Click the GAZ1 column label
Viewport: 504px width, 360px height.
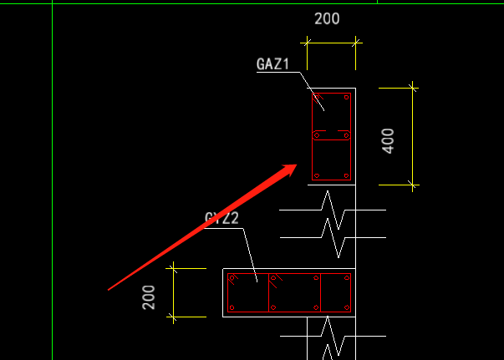tap(272, 64)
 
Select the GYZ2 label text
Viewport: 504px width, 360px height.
tap(221, 219)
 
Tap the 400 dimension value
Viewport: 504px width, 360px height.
tap(388, 139)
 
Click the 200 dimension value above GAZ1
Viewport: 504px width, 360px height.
tap(327, 19)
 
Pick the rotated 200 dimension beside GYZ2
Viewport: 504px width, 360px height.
tap(150, 297)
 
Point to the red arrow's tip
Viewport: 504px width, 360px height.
tap(297, 165)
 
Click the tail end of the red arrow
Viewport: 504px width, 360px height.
tap(109, 290)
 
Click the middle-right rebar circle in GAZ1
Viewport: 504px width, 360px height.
tap(346, 134)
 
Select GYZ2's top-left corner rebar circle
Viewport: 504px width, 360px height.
tap(232, 277)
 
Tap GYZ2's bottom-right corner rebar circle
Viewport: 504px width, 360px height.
tap(346, 308)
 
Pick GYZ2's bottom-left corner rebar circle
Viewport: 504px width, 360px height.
tap(232, 308)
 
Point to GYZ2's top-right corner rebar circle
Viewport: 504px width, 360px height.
tap(346, 277)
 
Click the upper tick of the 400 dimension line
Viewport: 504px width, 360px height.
tap(413, 86)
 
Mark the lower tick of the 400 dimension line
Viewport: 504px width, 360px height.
tap(413, 184)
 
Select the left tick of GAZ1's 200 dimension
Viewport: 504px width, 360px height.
tap(305, 41)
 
